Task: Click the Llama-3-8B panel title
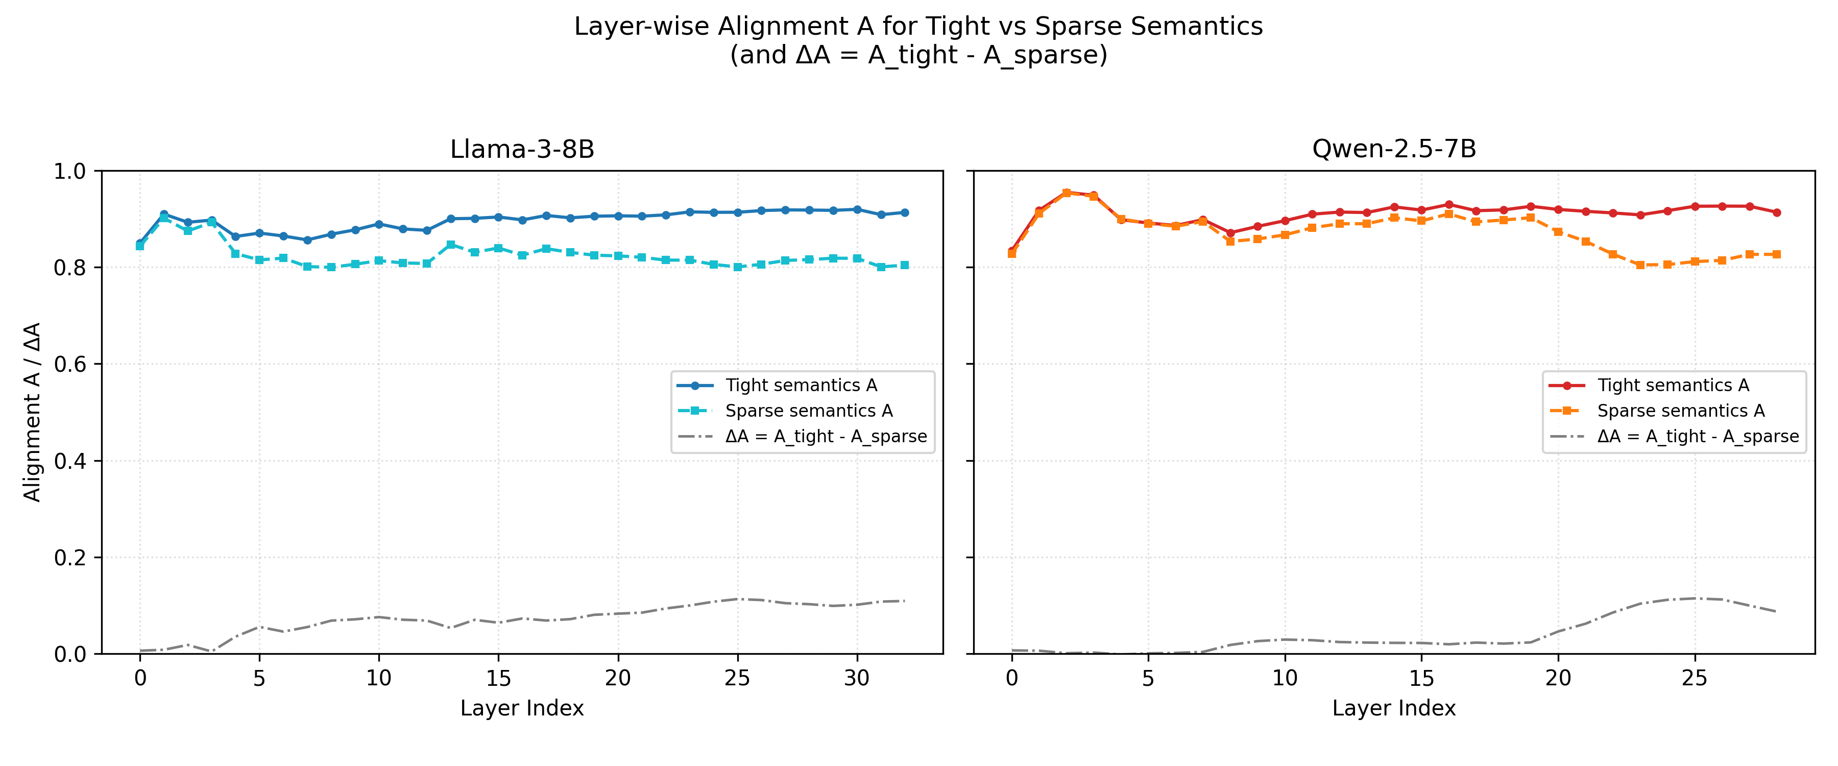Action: pos(522,149)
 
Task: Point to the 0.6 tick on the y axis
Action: pos(69,364)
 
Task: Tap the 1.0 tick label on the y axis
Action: pos(69,172)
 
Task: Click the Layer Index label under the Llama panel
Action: pos(522,708)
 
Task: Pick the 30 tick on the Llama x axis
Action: pos(857,678)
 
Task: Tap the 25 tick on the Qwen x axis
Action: pos(1695,678)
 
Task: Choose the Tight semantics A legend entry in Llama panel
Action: pos(801,386)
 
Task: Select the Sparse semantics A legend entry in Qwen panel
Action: pos(1680,411)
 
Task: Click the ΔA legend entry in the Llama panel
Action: pos(826,436)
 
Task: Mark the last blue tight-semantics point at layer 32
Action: pos(905,213)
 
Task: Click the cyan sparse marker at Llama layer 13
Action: pos(451,245)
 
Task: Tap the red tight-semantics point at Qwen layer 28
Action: pos(1777,213)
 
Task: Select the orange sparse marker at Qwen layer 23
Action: pos(1640,265)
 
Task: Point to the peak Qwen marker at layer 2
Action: pos(1066,193)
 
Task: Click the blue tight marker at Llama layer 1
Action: pos(164,214)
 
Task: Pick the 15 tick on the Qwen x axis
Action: pos(1421,678)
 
